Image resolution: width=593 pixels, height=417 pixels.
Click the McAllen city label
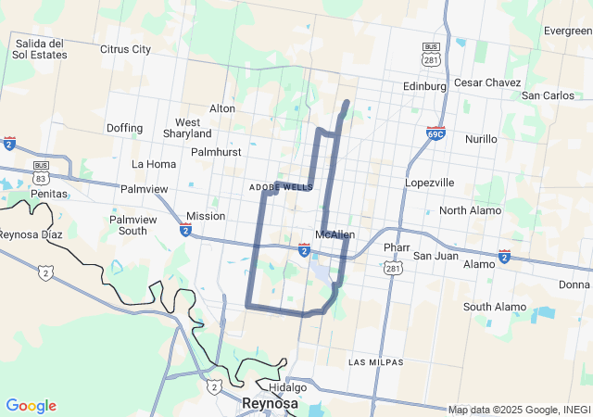point(334,234)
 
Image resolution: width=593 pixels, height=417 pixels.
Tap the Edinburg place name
point(425,86)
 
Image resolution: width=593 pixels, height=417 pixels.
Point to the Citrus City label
point(125,49)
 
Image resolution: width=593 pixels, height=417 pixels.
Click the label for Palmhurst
point(216,151)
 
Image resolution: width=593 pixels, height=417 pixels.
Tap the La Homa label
point(154,164)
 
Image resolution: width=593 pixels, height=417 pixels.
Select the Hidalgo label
point(287,387)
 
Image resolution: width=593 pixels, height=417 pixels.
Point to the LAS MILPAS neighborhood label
point(375,360)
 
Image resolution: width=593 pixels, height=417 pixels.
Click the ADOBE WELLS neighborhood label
point(281,187)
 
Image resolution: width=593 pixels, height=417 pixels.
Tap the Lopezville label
point(430,183)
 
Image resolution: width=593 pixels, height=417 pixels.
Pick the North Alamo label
point(470,210)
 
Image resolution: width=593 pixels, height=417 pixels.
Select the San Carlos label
point(548,95)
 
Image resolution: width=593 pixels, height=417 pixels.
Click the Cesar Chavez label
point(487,82)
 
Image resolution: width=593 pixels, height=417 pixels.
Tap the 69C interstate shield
point(436,133)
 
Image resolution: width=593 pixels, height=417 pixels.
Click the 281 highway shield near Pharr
point(394,268)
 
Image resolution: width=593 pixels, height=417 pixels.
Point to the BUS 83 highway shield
point(40,173)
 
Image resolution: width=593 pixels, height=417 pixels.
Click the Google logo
point(32,405)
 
